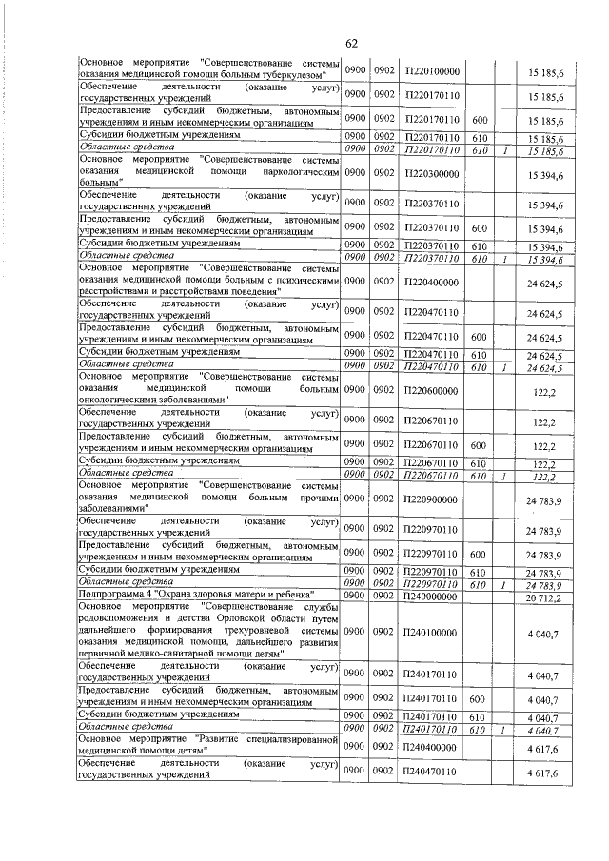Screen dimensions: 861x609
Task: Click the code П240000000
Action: pos(432,597)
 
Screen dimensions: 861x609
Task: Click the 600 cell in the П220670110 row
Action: pos(480,444)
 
